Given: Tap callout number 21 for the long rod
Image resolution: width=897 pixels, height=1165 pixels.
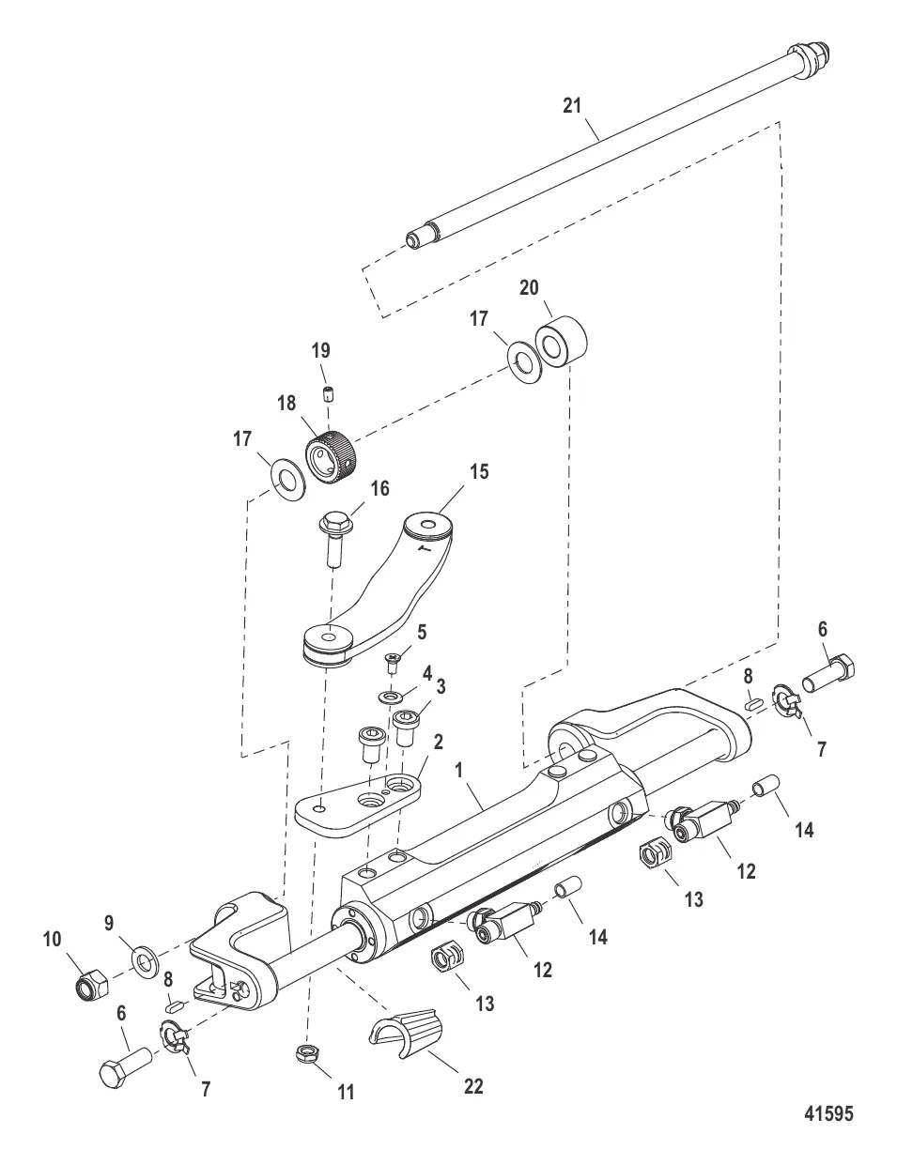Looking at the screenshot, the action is click(572, 106).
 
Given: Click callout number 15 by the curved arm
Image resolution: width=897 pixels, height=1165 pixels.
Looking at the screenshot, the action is click(479, 472).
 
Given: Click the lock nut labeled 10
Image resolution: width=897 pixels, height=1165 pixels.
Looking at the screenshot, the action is click(90, 987).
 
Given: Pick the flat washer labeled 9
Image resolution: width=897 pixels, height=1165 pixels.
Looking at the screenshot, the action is click(145, 959).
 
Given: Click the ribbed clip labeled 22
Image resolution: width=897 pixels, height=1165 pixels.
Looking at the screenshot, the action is click(406, 1034).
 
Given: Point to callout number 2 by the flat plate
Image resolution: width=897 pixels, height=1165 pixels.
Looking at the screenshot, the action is click(438, 742).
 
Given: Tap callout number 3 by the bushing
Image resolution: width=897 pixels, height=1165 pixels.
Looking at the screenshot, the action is click(440, 686).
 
